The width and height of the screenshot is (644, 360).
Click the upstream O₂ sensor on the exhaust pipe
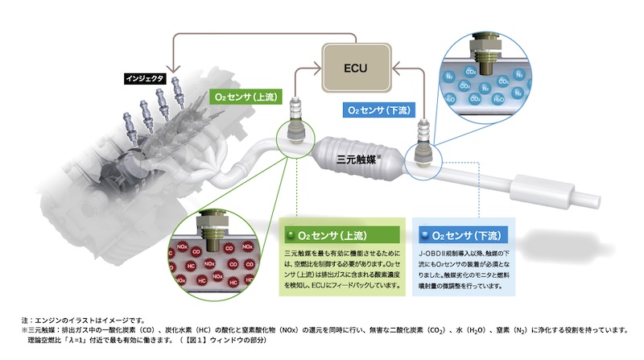point(295,129)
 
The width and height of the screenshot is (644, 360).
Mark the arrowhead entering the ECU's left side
point(318,69)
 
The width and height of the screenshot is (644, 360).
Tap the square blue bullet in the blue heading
point(423,236)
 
